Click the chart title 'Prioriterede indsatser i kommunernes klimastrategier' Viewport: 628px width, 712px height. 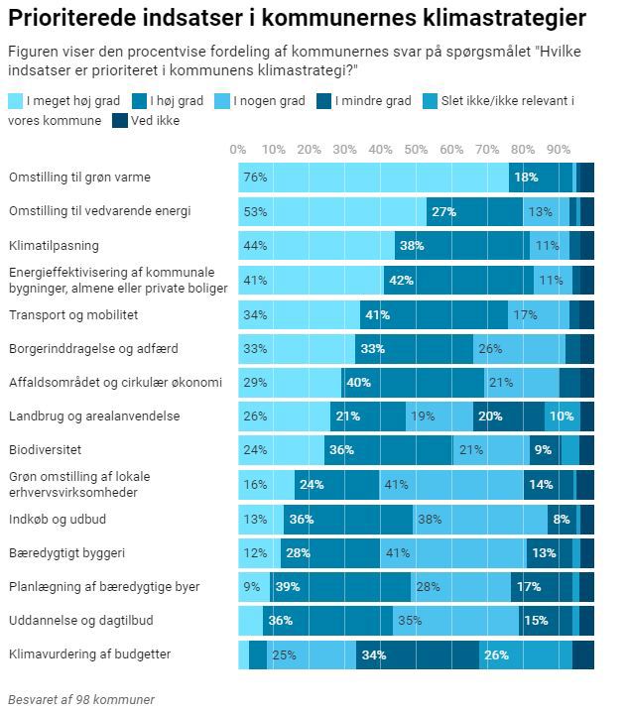297,19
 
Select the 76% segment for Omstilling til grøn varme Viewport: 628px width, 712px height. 373,178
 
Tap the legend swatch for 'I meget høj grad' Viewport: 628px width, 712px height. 16,101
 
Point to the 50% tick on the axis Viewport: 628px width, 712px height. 416,150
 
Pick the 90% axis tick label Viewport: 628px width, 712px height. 559,150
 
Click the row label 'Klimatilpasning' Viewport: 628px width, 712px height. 54,245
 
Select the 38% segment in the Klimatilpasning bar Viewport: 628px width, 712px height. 462,245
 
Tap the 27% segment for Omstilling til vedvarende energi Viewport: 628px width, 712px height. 474,211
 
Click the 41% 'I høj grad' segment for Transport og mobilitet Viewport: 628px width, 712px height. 434,314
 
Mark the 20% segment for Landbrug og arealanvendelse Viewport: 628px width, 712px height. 508,416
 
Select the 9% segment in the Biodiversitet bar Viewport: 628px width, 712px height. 545,450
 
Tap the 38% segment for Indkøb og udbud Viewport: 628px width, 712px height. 480,519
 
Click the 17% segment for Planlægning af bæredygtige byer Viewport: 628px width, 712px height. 541,587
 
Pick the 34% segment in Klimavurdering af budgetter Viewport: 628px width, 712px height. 417,654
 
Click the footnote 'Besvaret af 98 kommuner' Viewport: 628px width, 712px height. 81,699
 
